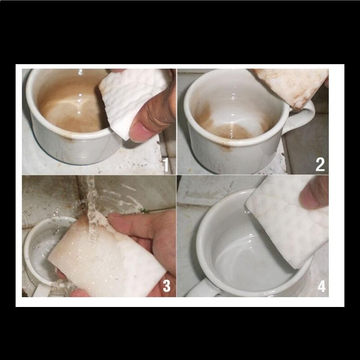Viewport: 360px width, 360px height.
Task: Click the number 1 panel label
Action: click(166, 164)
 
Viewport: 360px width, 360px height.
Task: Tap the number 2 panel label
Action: click(320, 164)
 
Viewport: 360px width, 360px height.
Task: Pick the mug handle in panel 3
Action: click(42, 290)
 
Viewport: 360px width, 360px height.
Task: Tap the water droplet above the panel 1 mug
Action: click(80, 72)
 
